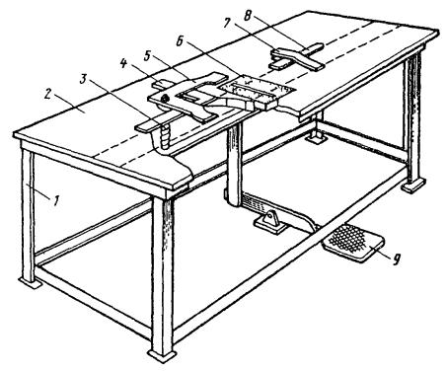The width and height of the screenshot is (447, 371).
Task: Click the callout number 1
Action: click(x=56, y=200)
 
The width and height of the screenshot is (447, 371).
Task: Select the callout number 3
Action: click(x=85, y=80)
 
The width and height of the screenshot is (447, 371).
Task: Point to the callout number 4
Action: click(x=123, y=62)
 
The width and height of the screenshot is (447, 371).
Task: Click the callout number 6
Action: click(x=180, y=41)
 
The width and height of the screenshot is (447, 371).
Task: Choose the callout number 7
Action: click(x=227, y=24)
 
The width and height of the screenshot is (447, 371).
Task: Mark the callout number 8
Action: click(x=249, y=15)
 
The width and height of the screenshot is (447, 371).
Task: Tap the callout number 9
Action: click(x=396, y=259)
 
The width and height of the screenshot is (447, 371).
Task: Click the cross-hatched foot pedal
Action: click(x=353, y=243)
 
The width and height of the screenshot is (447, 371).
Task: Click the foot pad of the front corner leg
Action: click(x=162, y=355)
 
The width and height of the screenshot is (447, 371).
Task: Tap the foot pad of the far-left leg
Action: click(x=30, y=282)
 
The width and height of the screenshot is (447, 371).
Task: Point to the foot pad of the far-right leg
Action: click(x=413, y=185)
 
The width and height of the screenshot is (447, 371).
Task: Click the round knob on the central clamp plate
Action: click(x=165, y=98)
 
